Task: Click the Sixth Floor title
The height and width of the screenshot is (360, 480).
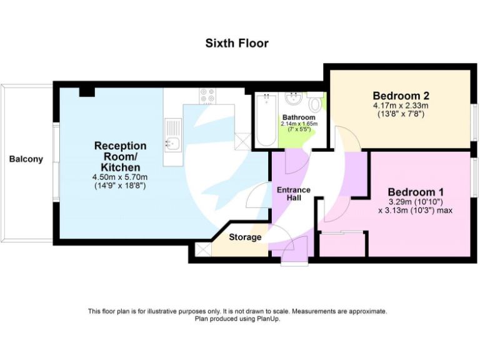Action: click(x=237, y=43)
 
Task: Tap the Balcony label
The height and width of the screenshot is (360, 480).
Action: click(x=26, y=159)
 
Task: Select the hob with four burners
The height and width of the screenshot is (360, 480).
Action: click(x=207, y=95)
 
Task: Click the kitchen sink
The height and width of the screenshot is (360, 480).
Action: click(x=172, y=144)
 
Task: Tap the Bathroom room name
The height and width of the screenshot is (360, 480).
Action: click(x=299, y=117)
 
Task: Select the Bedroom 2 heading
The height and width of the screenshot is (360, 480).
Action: click(x=401, y=96)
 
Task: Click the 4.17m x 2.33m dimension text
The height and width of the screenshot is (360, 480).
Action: click(x=401, y=106)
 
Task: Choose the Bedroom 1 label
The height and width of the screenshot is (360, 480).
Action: click(x=416, y=191)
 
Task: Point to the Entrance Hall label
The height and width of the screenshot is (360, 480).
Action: click(x=289, y=193)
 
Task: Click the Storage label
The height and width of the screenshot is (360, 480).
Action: click(x=245, y=237)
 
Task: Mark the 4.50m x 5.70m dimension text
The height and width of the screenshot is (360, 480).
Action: click(x=120, y=177)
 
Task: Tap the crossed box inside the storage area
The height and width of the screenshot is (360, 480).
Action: click(x=202, y=249)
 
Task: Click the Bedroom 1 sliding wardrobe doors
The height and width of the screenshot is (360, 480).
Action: click(x=342, y=233)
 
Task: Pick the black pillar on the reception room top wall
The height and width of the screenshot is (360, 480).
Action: click(x=87, y=91)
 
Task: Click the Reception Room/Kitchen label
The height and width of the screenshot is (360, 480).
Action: click(x=120, y=156)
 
